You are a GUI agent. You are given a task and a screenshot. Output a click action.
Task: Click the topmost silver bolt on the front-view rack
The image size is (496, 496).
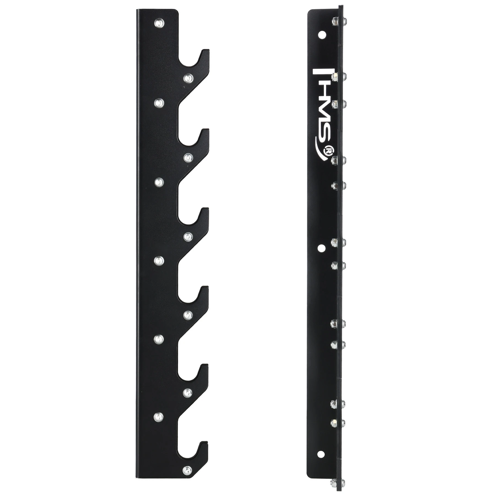(x=160, y=23)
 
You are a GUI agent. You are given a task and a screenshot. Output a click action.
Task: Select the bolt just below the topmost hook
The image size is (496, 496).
(x=188, y=78)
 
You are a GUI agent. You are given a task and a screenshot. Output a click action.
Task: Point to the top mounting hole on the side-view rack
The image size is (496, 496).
(x=321, y=35)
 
